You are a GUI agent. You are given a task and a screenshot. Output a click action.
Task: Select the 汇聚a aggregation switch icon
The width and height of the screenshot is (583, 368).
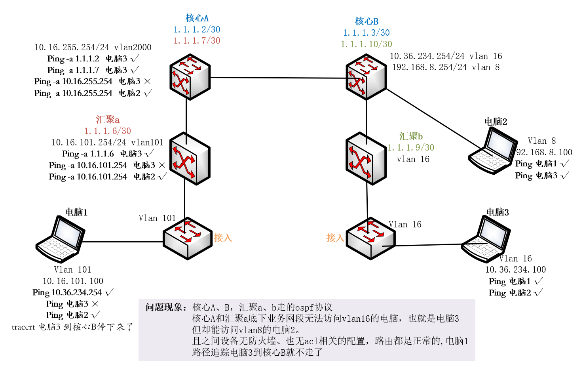tap(190, 158)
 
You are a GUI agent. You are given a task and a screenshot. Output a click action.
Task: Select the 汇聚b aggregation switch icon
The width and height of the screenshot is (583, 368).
tap(366, 158)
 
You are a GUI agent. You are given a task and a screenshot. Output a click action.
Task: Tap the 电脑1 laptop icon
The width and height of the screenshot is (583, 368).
tap(60, 239)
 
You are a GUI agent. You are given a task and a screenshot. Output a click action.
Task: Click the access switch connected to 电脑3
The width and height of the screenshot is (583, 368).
tap(370, 238)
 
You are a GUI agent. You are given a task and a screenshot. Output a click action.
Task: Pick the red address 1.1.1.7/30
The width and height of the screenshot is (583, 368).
tap(197, 40)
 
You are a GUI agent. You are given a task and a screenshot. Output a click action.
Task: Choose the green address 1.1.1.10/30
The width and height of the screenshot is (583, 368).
tap(367, 44)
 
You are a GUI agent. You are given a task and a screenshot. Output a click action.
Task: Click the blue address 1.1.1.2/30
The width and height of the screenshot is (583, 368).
tap(197, 29)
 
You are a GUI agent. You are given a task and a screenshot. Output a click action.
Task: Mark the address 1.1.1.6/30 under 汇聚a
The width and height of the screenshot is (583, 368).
tap(108, 131)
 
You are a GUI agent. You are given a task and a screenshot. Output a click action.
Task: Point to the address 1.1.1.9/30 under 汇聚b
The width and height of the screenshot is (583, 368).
tap(411, 147)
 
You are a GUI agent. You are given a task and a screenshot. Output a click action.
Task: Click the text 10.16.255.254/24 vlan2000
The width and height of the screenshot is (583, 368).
tap(93, 48)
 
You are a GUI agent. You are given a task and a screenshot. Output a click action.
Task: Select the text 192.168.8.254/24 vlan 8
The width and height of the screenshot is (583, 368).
tap(446, 67)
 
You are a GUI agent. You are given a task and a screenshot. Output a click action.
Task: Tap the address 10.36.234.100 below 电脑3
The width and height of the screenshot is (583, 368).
tap(515, 270)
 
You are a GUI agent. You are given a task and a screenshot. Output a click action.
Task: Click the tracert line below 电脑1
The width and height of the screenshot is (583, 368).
tap(72, 327)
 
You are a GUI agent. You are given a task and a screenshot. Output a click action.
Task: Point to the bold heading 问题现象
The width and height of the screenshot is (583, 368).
tap(166, 307)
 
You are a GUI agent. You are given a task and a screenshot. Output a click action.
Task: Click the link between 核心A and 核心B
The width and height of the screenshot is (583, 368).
tap(277, 78)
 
